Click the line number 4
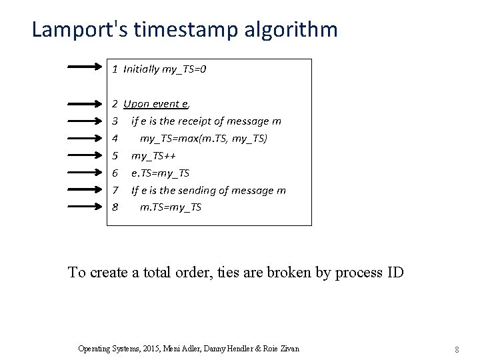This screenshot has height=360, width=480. tap(115, 139)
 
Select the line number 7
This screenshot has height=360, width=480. tap(115, 190)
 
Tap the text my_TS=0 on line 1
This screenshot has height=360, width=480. tap(184, 69)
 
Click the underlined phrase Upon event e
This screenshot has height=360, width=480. tap(156, 104)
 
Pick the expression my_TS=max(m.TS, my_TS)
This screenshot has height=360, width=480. tap(203, 139)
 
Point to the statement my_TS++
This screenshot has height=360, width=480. tap(153, 156)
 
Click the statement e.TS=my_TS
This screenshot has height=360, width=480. tap(160, 173)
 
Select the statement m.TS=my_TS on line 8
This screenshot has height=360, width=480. tap(171, 207)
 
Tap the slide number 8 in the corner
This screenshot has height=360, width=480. tap(457, 349)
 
